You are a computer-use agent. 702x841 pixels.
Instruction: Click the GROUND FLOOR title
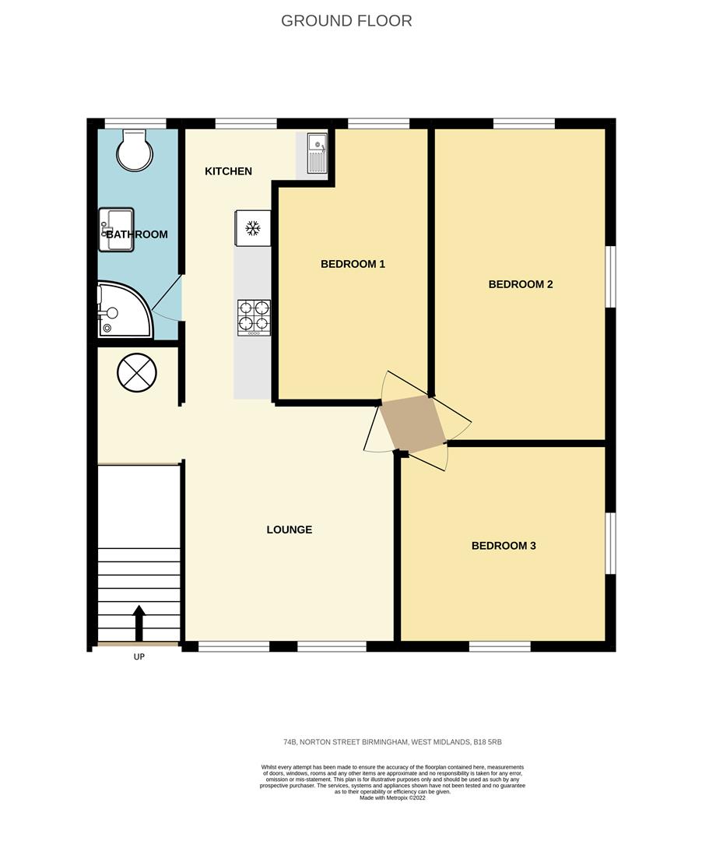pos(346,21)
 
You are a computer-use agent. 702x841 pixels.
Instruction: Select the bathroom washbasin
pos(116,230)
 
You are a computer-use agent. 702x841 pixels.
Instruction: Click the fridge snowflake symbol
pos(252,228)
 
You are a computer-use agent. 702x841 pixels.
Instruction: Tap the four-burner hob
pos(254,317)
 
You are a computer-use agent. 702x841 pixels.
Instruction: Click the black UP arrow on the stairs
pos(139,622)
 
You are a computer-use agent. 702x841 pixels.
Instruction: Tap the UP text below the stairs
pos(139,656)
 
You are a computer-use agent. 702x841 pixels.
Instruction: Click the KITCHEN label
pos(228,171)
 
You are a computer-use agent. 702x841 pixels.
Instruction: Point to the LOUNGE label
pos(289,530)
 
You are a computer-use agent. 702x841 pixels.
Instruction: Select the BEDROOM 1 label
pos(353,264)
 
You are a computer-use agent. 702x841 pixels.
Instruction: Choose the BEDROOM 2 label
pos(520,284)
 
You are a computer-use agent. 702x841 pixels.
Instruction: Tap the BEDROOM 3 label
pos(504,546)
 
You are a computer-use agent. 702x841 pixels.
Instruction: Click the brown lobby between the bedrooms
pos(412,424)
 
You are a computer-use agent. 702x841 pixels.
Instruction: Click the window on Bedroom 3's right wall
pos(611,544)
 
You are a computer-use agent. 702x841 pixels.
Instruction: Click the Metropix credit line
pos(392,798)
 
